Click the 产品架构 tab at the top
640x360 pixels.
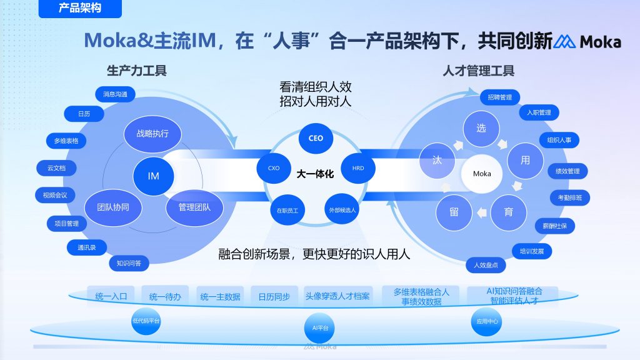pyautogui.click(x=80, y=8)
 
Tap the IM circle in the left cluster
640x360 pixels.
pyautogui.click(x=153, y=176)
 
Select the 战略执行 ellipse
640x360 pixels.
pyautogui.click(x=153, y=132)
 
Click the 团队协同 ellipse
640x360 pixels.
pyautogui.click(x=113, y=207)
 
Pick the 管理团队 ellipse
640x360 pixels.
pyautogui.click(x=194, y=207)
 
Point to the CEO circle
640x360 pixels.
pyautogui.click(x=316, y=137)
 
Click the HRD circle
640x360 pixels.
pyautogui.click(x=358, y=168)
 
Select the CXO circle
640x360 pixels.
pyautogui.click(x=274, y=168)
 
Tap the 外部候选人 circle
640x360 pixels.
pyautogui.click(x=342, y=210)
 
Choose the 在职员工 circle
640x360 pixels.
pyautogui.click(x=287, y=210)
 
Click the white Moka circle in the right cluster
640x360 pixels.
pyautogui.click(x=482, y=173)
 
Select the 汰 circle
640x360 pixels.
pyautogui.click(x=437, y=160)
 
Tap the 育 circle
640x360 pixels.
pyautogui.click(x=509, y=212)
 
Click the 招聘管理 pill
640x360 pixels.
pyautogui.click(x=499, y=97)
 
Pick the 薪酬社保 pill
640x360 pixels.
pyautogui.click(x=554, y=225)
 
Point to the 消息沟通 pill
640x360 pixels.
pyautogui.click(x=115, y=94)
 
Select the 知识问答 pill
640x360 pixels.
pyautogui.click(x=129, y=263)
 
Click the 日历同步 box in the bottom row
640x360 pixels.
pyautogui.click(x=274, y=297)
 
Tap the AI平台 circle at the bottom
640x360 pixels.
pyautogui.click(x=320, y=327)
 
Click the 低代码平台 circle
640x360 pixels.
pyautogui.click(x=146, y=321)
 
